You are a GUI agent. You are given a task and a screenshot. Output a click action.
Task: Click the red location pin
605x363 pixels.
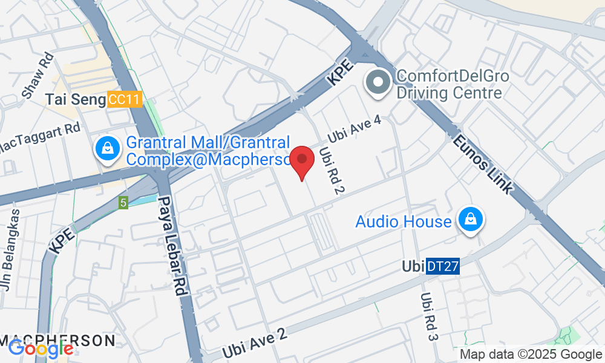[301, 160]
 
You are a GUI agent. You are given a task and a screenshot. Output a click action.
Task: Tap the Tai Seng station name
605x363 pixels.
[76, 100]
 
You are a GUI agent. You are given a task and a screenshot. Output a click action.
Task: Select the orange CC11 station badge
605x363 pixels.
[125, 100]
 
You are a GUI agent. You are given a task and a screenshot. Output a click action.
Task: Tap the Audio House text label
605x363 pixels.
[403, 221]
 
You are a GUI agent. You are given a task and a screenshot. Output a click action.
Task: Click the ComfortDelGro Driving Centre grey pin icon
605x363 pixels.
[379, 84]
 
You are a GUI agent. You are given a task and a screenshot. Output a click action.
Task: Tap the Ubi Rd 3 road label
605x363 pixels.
[428, 317]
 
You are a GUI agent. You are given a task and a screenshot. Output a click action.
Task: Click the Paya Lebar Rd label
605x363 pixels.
[171, 245]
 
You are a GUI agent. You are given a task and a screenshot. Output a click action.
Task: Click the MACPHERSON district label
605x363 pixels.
[57, 340]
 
